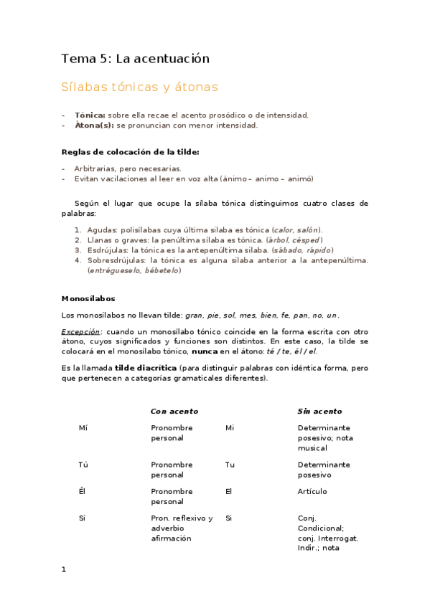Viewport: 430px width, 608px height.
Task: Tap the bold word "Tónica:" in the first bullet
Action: tap(90, 115)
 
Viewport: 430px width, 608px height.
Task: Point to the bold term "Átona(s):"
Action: tap(94, 125)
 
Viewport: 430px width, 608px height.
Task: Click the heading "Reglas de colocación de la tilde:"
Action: tap(130, 152)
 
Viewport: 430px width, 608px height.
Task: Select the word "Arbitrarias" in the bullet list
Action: tap(97, 168)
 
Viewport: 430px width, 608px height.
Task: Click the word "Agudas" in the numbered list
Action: tap(102, 229)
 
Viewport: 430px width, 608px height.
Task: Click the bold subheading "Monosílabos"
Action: tap(88, 298)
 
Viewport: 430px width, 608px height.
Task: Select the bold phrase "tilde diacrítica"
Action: tap(149, 368)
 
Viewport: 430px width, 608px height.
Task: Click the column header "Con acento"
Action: tap(174, 412)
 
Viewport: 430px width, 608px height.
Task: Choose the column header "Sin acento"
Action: tap(319, 412)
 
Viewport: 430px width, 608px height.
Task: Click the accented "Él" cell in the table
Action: tap(82, 492)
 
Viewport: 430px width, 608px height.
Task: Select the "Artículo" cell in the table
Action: tap(312, 492)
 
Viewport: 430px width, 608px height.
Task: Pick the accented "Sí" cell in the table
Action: tap(83, 518)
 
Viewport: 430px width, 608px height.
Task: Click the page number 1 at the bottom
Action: tap(64, 569)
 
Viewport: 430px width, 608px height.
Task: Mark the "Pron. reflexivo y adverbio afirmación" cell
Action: tap(182, 528)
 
